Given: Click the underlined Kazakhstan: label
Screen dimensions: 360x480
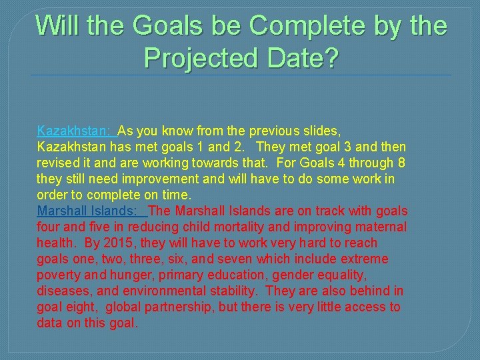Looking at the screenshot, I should click(74, 131).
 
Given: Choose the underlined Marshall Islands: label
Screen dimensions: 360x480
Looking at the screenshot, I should click(90, 211).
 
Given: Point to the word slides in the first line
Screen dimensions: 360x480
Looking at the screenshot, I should click(322, 131).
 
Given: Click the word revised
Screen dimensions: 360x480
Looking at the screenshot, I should click(59, 163).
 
